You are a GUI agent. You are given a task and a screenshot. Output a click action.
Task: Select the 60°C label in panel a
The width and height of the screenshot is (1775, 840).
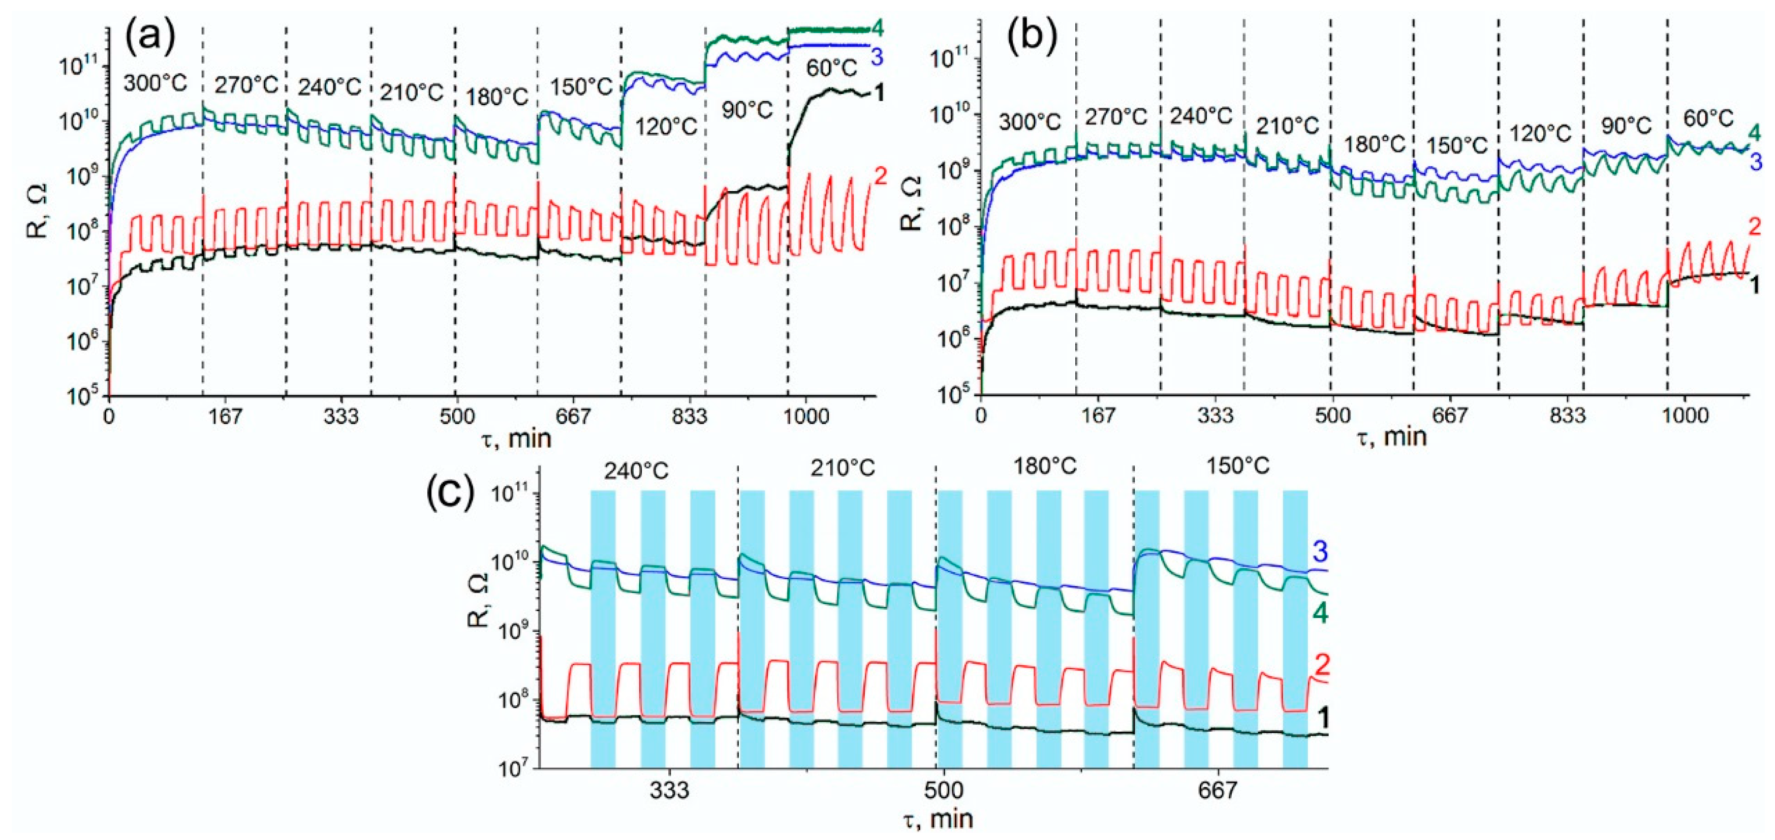[832, 68]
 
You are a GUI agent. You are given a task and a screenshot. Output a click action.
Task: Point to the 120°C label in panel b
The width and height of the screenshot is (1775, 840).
[1541, 133]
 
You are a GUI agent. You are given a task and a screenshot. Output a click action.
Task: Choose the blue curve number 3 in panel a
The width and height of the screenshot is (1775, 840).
[877, 58]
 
